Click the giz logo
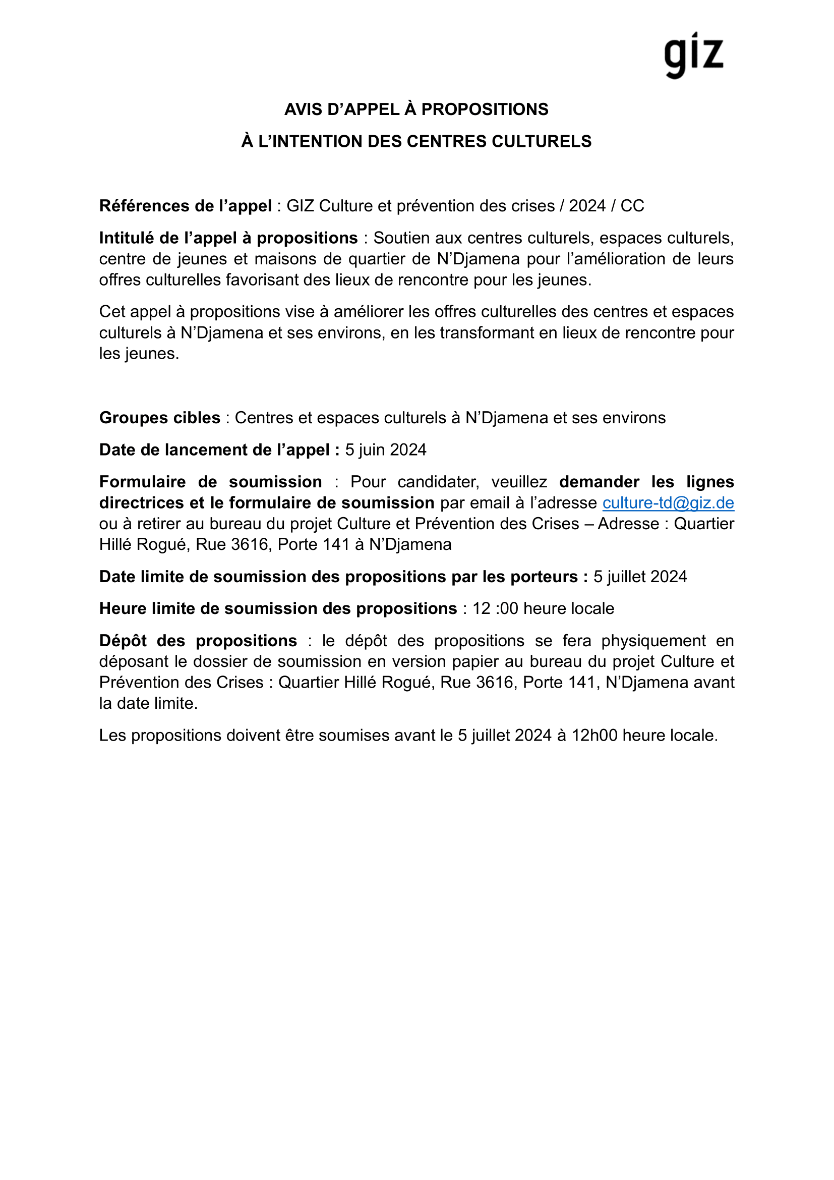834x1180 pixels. tap(693, 55)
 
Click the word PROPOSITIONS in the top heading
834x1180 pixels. tap(485, 109)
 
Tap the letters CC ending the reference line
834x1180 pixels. tap(632, 206)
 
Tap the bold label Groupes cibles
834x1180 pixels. tap(160, 418)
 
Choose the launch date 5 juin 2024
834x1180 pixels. tap(386, 449)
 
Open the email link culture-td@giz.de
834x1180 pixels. tap(668, 502)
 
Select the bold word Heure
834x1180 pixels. tap(121, 608)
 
